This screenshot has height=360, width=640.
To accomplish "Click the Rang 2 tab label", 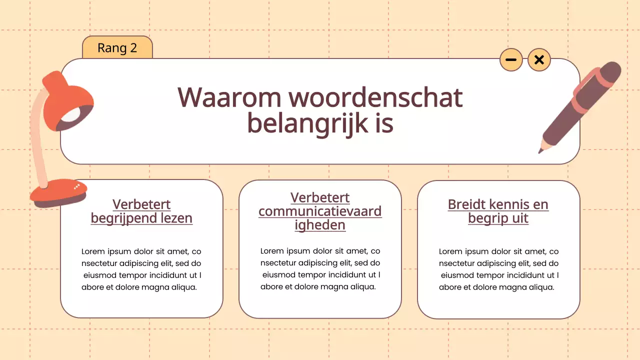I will point(117,48).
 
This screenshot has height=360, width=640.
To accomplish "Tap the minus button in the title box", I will point(511,60).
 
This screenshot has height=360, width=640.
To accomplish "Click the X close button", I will point(539,60).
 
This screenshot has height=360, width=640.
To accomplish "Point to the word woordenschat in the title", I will point(375,97).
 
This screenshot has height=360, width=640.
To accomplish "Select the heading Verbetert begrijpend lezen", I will point(141,211).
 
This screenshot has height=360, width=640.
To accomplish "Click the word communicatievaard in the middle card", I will point(320,211).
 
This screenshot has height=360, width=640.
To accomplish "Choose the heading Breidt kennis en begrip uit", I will point(498,211).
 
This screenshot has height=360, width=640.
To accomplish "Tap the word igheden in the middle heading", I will point(320,225).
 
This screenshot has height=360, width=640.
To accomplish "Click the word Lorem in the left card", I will point(92,251).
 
